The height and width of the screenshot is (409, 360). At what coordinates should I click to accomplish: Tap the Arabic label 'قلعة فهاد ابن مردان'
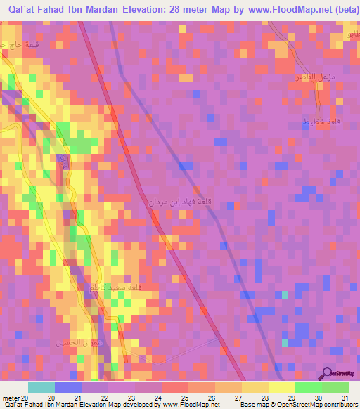click(x=189, y=204)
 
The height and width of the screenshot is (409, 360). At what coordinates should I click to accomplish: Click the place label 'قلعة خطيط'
click(x=316, y=123)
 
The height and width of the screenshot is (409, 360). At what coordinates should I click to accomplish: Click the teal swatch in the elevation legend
click(x=41, y=387)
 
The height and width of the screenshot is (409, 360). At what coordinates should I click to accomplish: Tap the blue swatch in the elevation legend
click(x=68, y=387)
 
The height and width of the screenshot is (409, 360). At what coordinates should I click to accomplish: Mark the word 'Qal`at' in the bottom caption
click(x=13, y=404)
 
